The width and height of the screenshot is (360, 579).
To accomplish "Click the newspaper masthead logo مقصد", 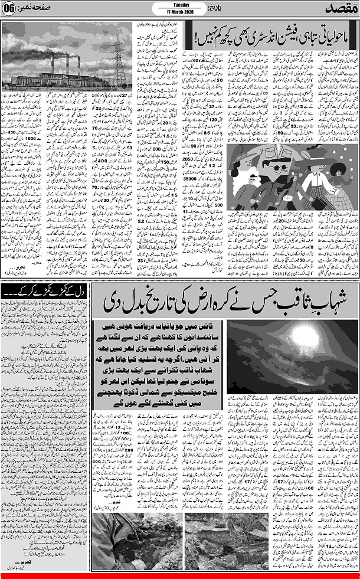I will click(x=341, y=9).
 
